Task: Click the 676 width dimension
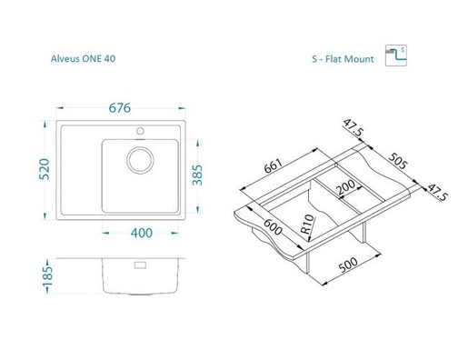click(x=120, y=108)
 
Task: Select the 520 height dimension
click(x=45, y=169)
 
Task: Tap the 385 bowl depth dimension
click(x=197, y=175)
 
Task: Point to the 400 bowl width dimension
click(x=142, y=233)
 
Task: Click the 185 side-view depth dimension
click(x=47, y=275)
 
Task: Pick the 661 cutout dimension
click(x=273, y=165)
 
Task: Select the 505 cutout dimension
click(x=398, y=161)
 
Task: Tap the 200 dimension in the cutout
click(x=345, y=187)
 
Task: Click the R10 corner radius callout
click(x=308, y=225)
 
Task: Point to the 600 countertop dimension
click(x=273, y=227)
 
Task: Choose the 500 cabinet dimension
click(x=348, y=265)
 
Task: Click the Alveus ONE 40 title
click(x=83, y=58)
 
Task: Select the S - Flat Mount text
click(x=343, y=59)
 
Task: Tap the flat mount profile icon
click(x=396, y=55)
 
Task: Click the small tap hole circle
click(x=140, y=131)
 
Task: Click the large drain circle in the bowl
click(x=140, y=160)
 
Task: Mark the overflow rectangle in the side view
click(x=140, y=265)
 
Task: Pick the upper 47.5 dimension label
click(x=353, y=127)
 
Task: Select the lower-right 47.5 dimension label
click(x=437, y=193)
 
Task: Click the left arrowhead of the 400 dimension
click(x=105, y=233)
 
